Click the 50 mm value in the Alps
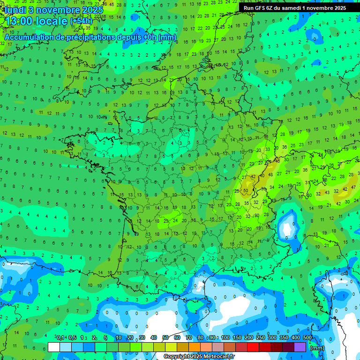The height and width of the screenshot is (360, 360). [x=246, y=190]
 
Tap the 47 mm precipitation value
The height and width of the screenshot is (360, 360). [x=353, y=187]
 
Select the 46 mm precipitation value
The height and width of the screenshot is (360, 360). [x=277, y=161]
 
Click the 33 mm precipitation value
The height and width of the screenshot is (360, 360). [x=268, y=149]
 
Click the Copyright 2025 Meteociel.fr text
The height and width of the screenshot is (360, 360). [x=199, y=357]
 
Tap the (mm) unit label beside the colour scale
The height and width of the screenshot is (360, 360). [x=317, y=348]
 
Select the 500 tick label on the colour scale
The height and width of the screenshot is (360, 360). [x=307, y=337]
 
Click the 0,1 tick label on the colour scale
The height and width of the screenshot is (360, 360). [x=60, y=337]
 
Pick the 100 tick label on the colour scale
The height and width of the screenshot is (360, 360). [x=225, y=337]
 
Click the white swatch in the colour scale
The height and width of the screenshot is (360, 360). [x=54, y=347]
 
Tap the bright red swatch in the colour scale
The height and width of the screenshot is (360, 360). [x=253, y=347]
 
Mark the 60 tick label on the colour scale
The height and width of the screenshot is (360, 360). [x=177, y=337]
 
